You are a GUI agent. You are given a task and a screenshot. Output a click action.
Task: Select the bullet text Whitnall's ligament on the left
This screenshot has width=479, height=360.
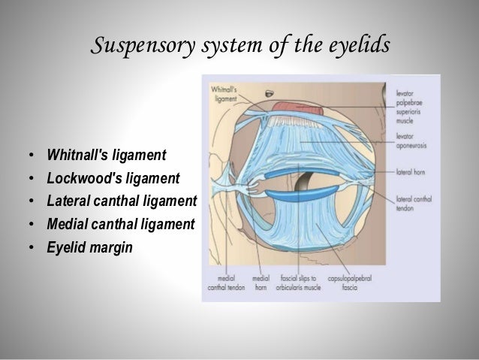(107, 156)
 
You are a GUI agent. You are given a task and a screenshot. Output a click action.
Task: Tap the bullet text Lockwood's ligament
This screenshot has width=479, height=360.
(113, 178)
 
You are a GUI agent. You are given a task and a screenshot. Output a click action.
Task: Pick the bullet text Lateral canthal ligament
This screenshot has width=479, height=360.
(121, 201)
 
